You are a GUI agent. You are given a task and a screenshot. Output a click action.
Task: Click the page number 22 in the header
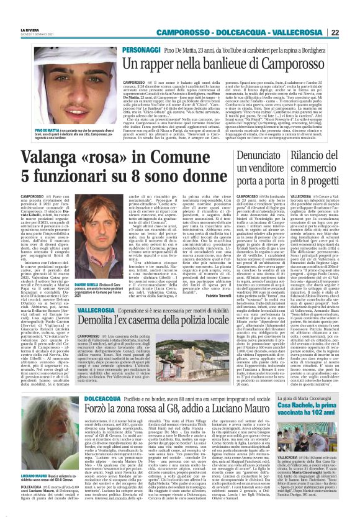point(351,32)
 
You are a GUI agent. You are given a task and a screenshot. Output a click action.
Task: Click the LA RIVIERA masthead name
point(28,29)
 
